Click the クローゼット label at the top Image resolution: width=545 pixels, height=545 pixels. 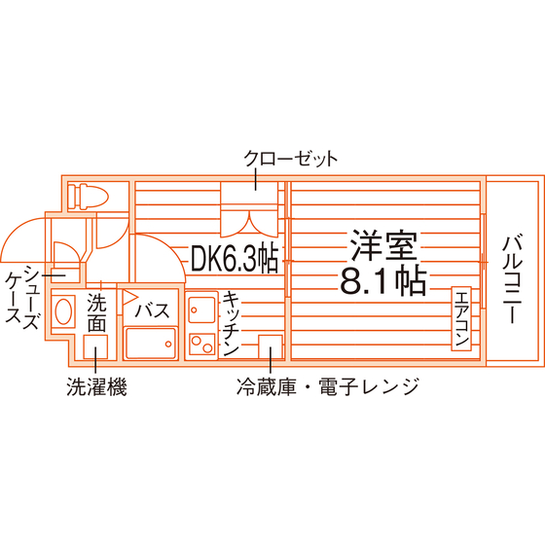pyautogui.click(x=290, y=159)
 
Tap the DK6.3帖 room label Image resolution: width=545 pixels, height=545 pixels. pyautogui.click(x=235, y=259)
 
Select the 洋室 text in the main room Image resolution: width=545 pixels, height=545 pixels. pyautogui.click(x=383, y=245)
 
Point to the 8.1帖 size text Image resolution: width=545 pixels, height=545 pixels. pyautogui.click(x=383, y=280)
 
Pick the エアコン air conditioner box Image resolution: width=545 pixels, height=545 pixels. pyautogui.click(x=461, y=318)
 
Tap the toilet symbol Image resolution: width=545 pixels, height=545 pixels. pyautogui.click(x=88, y=197)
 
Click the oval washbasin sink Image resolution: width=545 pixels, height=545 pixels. pyautogui.click(x=63, y=311)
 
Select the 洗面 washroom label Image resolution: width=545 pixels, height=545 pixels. pyautogui.click(x=96, y=312)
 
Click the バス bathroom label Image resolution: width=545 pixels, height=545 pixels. pyautogui.click(x=152, y=310)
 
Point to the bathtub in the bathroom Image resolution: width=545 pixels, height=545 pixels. pyautogui.click(x=150, y=343)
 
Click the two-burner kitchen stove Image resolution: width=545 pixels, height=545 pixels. pyautogui.click(x=202, y=344)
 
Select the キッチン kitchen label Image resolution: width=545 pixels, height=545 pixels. pyautogui.click(x=231, y=324)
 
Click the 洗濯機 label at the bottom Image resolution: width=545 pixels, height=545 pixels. pyautogui.click(x=96, y=386)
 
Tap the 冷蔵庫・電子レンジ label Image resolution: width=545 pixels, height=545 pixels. pyautogui.click(x=327, y=386)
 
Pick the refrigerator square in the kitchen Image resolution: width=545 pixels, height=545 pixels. pyautogui.click(x=271, y=346)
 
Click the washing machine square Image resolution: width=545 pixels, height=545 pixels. pyautogui.click(x=95, y=346)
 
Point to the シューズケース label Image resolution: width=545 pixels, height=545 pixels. pyautogui.click(x=21, y=297)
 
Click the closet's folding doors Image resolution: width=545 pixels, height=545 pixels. pyautogui.click(x=249, y=223)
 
